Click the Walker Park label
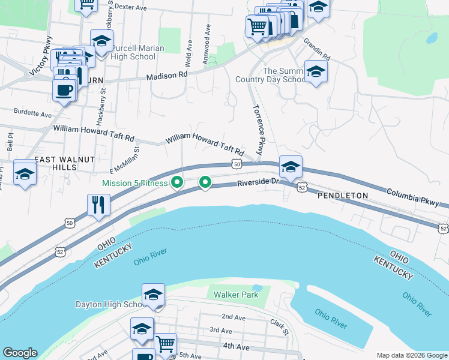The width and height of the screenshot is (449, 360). (237, 295)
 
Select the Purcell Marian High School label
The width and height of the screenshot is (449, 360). (130, 53)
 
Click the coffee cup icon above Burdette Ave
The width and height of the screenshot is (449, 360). (64, 90)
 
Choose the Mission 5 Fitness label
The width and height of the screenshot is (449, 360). (134, 183)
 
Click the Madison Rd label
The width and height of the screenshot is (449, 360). (167, 76)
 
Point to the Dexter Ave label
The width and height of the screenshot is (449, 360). (130, 8)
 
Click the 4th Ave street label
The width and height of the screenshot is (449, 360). (236, 346)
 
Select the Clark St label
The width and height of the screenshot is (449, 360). (279, 326)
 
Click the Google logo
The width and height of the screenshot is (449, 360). (20, 353)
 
